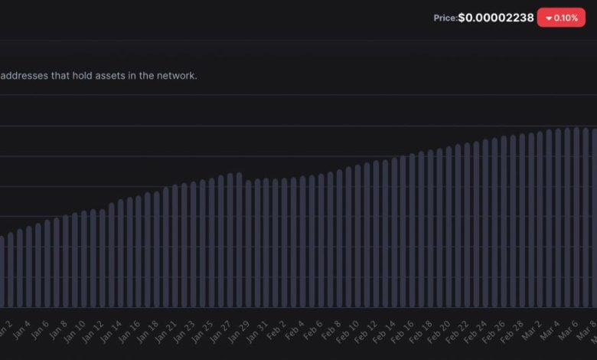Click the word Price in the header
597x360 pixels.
445,18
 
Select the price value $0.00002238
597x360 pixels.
496,18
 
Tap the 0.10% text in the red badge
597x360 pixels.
566,18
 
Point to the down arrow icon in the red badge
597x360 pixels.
549,18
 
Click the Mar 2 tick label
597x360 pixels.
530,332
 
